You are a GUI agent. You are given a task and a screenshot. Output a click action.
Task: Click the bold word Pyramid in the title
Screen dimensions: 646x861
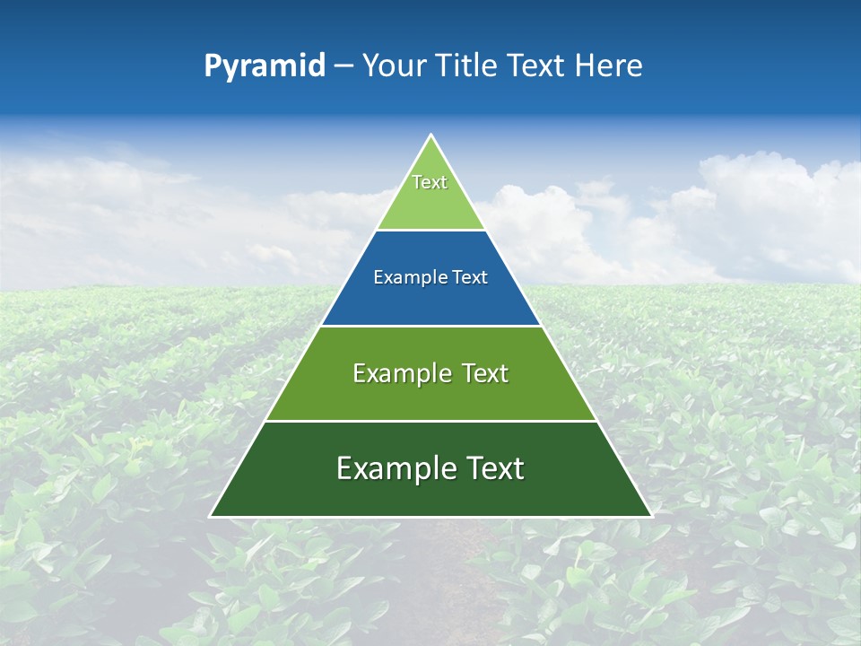(x=265, y=66)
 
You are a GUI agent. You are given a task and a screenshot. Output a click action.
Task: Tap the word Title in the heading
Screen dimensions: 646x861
(x=472, y=65)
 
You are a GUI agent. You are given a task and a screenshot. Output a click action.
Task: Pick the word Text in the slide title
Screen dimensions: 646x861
(x=539, y=65)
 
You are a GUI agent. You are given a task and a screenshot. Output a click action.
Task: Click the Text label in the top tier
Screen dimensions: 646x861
(x=430, y=182)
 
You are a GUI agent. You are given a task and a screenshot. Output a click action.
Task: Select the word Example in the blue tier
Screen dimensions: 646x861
(x=405, y=278)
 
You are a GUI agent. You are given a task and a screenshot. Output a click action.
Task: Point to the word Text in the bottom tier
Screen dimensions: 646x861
(x=493, y=468)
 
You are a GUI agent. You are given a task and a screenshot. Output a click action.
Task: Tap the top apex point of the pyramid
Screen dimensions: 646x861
(x=430, y=135)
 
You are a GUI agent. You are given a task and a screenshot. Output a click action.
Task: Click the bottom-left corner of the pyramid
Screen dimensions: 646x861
(x=211, y=516)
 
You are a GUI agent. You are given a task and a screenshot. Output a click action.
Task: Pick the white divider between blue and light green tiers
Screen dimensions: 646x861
(x=430, y=231)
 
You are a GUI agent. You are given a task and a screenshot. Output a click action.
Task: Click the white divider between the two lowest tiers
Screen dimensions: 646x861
(x=430, y=421)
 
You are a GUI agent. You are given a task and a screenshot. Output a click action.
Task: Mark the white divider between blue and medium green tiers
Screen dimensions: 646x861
(x=430, y=326)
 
